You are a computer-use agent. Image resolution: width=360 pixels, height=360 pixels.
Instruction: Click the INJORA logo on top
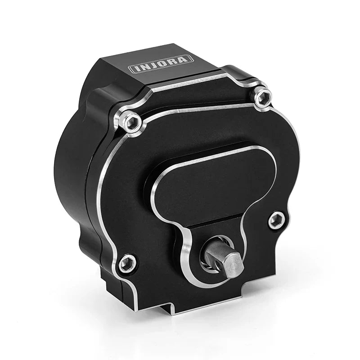[x=161, y=63]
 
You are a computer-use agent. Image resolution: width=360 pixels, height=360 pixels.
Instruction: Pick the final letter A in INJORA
[x=186, y=58]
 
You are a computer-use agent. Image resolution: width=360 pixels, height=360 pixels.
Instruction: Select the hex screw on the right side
[x=276, y=220]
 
